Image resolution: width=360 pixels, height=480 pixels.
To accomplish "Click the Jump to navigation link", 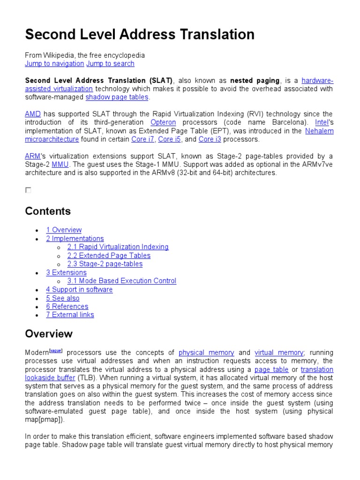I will point(54,64).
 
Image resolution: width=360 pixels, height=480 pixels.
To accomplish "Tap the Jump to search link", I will point(110,64).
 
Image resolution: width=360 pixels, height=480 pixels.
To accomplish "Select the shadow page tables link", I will point(117,97).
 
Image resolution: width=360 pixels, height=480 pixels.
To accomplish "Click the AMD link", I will point(33,114).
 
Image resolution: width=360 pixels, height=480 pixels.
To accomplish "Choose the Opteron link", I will point(163,122).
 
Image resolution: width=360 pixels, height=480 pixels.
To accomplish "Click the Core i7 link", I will point(142,139).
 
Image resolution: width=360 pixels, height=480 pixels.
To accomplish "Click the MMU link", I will point(60,164).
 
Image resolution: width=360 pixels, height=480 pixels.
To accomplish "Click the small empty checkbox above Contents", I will point(28,190).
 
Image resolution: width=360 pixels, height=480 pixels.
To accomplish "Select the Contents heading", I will point(48,211).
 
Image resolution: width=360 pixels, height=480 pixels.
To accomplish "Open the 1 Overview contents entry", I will point(64,230).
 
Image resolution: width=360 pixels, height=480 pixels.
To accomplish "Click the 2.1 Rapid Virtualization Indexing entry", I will point(118,247).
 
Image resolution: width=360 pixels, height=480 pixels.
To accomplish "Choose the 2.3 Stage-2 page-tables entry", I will point(105,264).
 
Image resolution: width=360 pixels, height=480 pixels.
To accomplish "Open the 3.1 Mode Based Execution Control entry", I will point(121,281).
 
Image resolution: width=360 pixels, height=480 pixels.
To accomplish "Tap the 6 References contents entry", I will point(67,307).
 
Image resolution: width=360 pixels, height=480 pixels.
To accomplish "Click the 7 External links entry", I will point(70,315).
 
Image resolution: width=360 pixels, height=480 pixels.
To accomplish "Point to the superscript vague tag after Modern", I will point(56,350).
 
